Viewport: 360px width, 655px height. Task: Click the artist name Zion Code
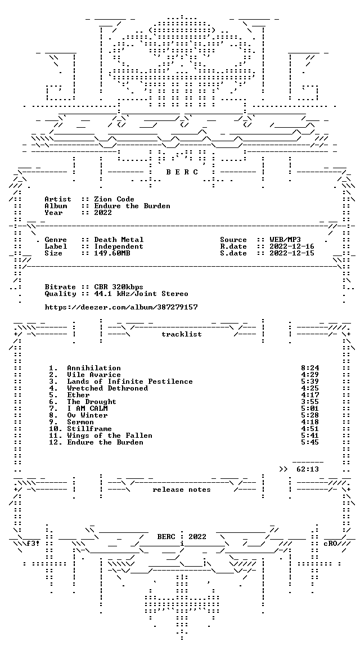[114, 199]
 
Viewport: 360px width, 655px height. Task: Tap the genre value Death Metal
[119, 240]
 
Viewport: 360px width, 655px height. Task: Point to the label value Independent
[119, 246]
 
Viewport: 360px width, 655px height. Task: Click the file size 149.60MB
[112, 253]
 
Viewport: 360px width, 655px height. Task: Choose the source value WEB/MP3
[285, 240]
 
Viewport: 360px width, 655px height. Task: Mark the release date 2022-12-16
[292, 246]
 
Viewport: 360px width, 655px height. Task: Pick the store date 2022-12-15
[292, 253]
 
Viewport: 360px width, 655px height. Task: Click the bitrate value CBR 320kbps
[119, 287]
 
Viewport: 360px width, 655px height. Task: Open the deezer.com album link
[121, 307]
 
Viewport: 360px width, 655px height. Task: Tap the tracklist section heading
[182, 334]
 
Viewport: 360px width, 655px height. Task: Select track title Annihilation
[94, 368]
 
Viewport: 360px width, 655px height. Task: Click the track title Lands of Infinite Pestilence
[130, 382]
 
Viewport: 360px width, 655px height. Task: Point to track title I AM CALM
[87, 409]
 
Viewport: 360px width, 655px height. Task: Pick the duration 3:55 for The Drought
[310, 402]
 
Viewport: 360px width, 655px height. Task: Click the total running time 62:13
[308, 469]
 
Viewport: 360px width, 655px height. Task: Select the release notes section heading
[182, 490]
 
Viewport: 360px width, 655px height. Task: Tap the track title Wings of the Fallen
[110, 436]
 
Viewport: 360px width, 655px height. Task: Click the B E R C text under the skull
[182, 172]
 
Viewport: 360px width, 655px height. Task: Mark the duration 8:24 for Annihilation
[310, 368]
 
